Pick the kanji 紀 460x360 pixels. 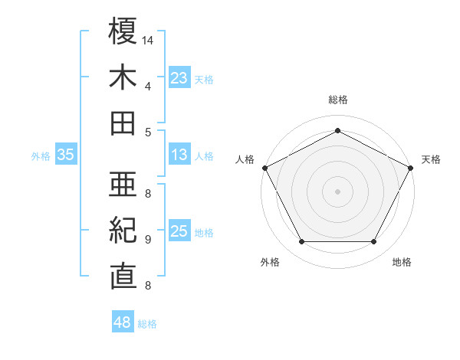[123, 230]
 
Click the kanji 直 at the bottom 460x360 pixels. [123, 276]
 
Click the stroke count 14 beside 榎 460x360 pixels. [148, 39]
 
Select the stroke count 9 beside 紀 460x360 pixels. [147, 239]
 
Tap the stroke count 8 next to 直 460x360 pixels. [147, 286]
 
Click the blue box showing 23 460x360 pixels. [179, 77]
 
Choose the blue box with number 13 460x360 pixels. [179, 155]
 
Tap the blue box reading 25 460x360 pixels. [179, 232]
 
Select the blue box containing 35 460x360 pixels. [65, 155]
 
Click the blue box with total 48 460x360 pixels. [122, 322]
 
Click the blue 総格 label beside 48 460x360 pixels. [147, 324]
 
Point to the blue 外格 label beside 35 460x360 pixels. [41, 156]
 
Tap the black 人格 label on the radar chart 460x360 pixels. [245, 159]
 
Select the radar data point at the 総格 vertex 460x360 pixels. [337, 129]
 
